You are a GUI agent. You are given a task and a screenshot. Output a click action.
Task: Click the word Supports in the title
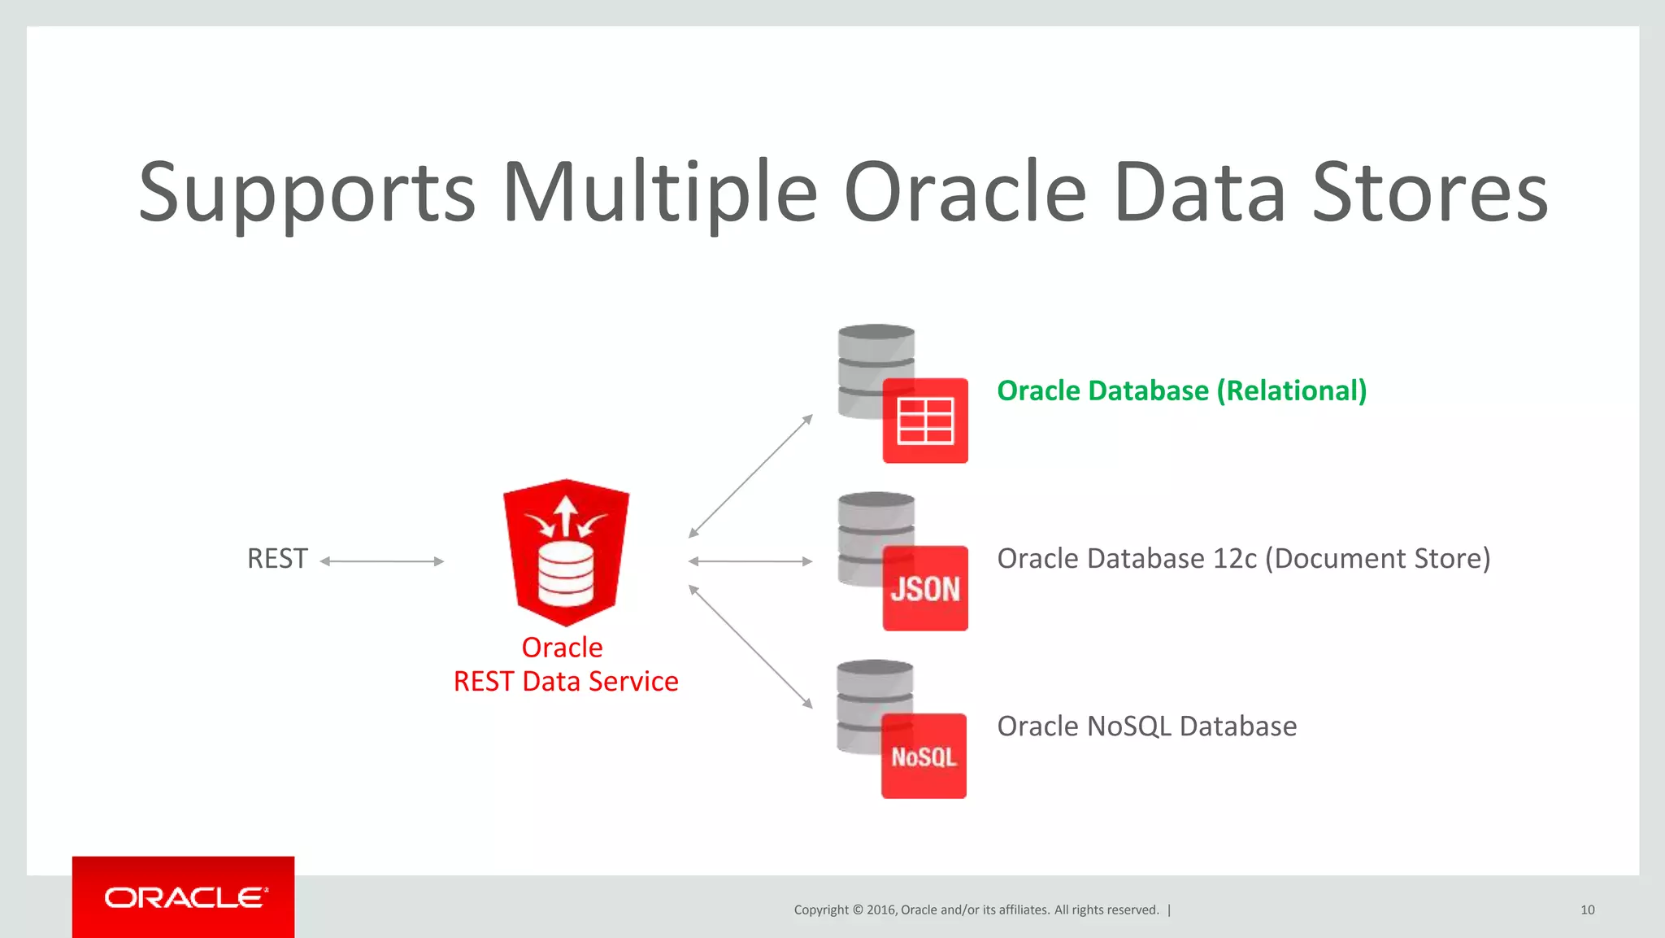(x=306, y=193)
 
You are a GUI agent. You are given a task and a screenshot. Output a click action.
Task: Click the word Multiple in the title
(x=659, y=193)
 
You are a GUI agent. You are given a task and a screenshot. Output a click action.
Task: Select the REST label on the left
(x=277, y=559)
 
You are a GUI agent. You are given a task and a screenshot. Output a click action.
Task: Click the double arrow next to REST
(x=382, y=561)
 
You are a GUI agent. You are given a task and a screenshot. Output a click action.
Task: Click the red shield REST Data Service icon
(x=566, y=552)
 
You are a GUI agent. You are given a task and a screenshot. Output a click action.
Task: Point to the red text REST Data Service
(x=566, y=681)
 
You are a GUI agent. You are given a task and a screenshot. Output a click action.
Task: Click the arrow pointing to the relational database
(x=750, y=476)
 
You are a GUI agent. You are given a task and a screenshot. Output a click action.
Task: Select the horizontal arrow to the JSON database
(x=750, y=561)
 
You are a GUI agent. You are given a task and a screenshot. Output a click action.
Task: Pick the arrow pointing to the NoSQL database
(x=750, y=646)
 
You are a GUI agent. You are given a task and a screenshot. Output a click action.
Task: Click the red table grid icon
(x=925, y=421)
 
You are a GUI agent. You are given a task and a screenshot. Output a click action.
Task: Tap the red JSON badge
(x=925, y=588)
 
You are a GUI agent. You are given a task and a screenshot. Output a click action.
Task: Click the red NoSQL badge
(x=924, y=757)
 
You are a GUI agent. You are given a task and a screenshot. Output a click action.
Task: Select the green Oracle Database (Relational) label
(x=1181, y=391)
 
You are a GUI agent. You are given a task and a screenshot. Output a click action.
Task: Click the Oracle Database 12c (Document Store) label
(x=1243, y=559)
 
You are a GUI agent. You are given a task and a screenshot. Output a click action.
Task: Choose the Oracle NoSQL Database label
(x=1146, y=726)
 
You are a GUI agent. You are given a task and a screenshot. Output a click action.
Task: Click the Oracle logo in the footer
(x=184, y=897)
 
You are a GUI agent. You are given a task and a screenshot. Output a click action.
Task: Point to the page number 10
(x=1587, y=910)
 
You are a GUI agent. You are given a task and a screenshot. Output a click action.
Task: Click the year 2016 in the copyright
(x=880, y=910)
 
